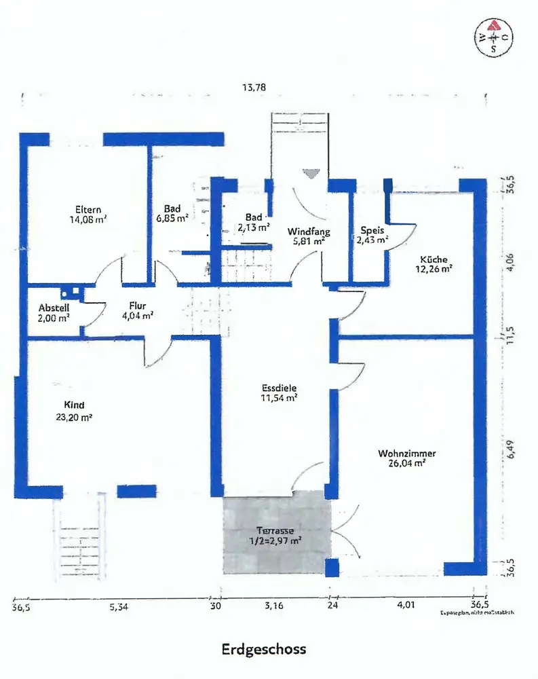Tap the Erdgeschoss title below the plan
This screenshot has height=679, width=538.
[x=264, y=648]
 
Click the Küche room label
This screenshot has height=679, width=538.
[x=434, y=259]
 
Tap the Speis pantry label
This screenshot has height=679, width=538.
[x=373, y=230]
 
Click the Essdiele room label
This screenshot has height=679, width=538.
[x=280, y=389]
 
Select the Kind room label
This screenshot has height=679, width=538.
[x=74, y=403]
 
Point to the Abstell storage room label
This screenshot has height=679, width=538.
[x=54, y=306]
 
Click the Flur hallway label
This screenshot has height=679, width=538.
[x=138, y=305]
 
